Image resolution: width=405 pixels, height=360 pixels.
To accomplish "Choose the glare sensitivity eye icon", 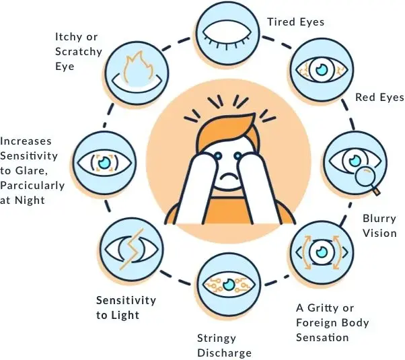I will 103,161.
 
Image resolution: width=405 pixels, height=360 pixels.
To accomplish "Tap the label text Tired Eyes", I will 295,22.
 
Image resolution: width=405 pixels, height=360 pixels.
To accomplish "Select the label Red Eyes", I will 379,98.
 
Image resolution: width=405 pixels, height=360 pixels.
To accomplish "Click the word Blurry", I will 379,219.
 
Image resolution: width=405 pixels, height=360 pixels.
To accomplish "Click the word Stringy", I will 217,338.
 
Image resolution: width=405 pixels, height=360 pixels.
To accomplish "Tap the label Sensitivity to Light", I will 126,307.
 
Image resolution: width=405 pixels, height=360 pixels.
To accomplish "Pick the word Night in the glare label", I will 33,199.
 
